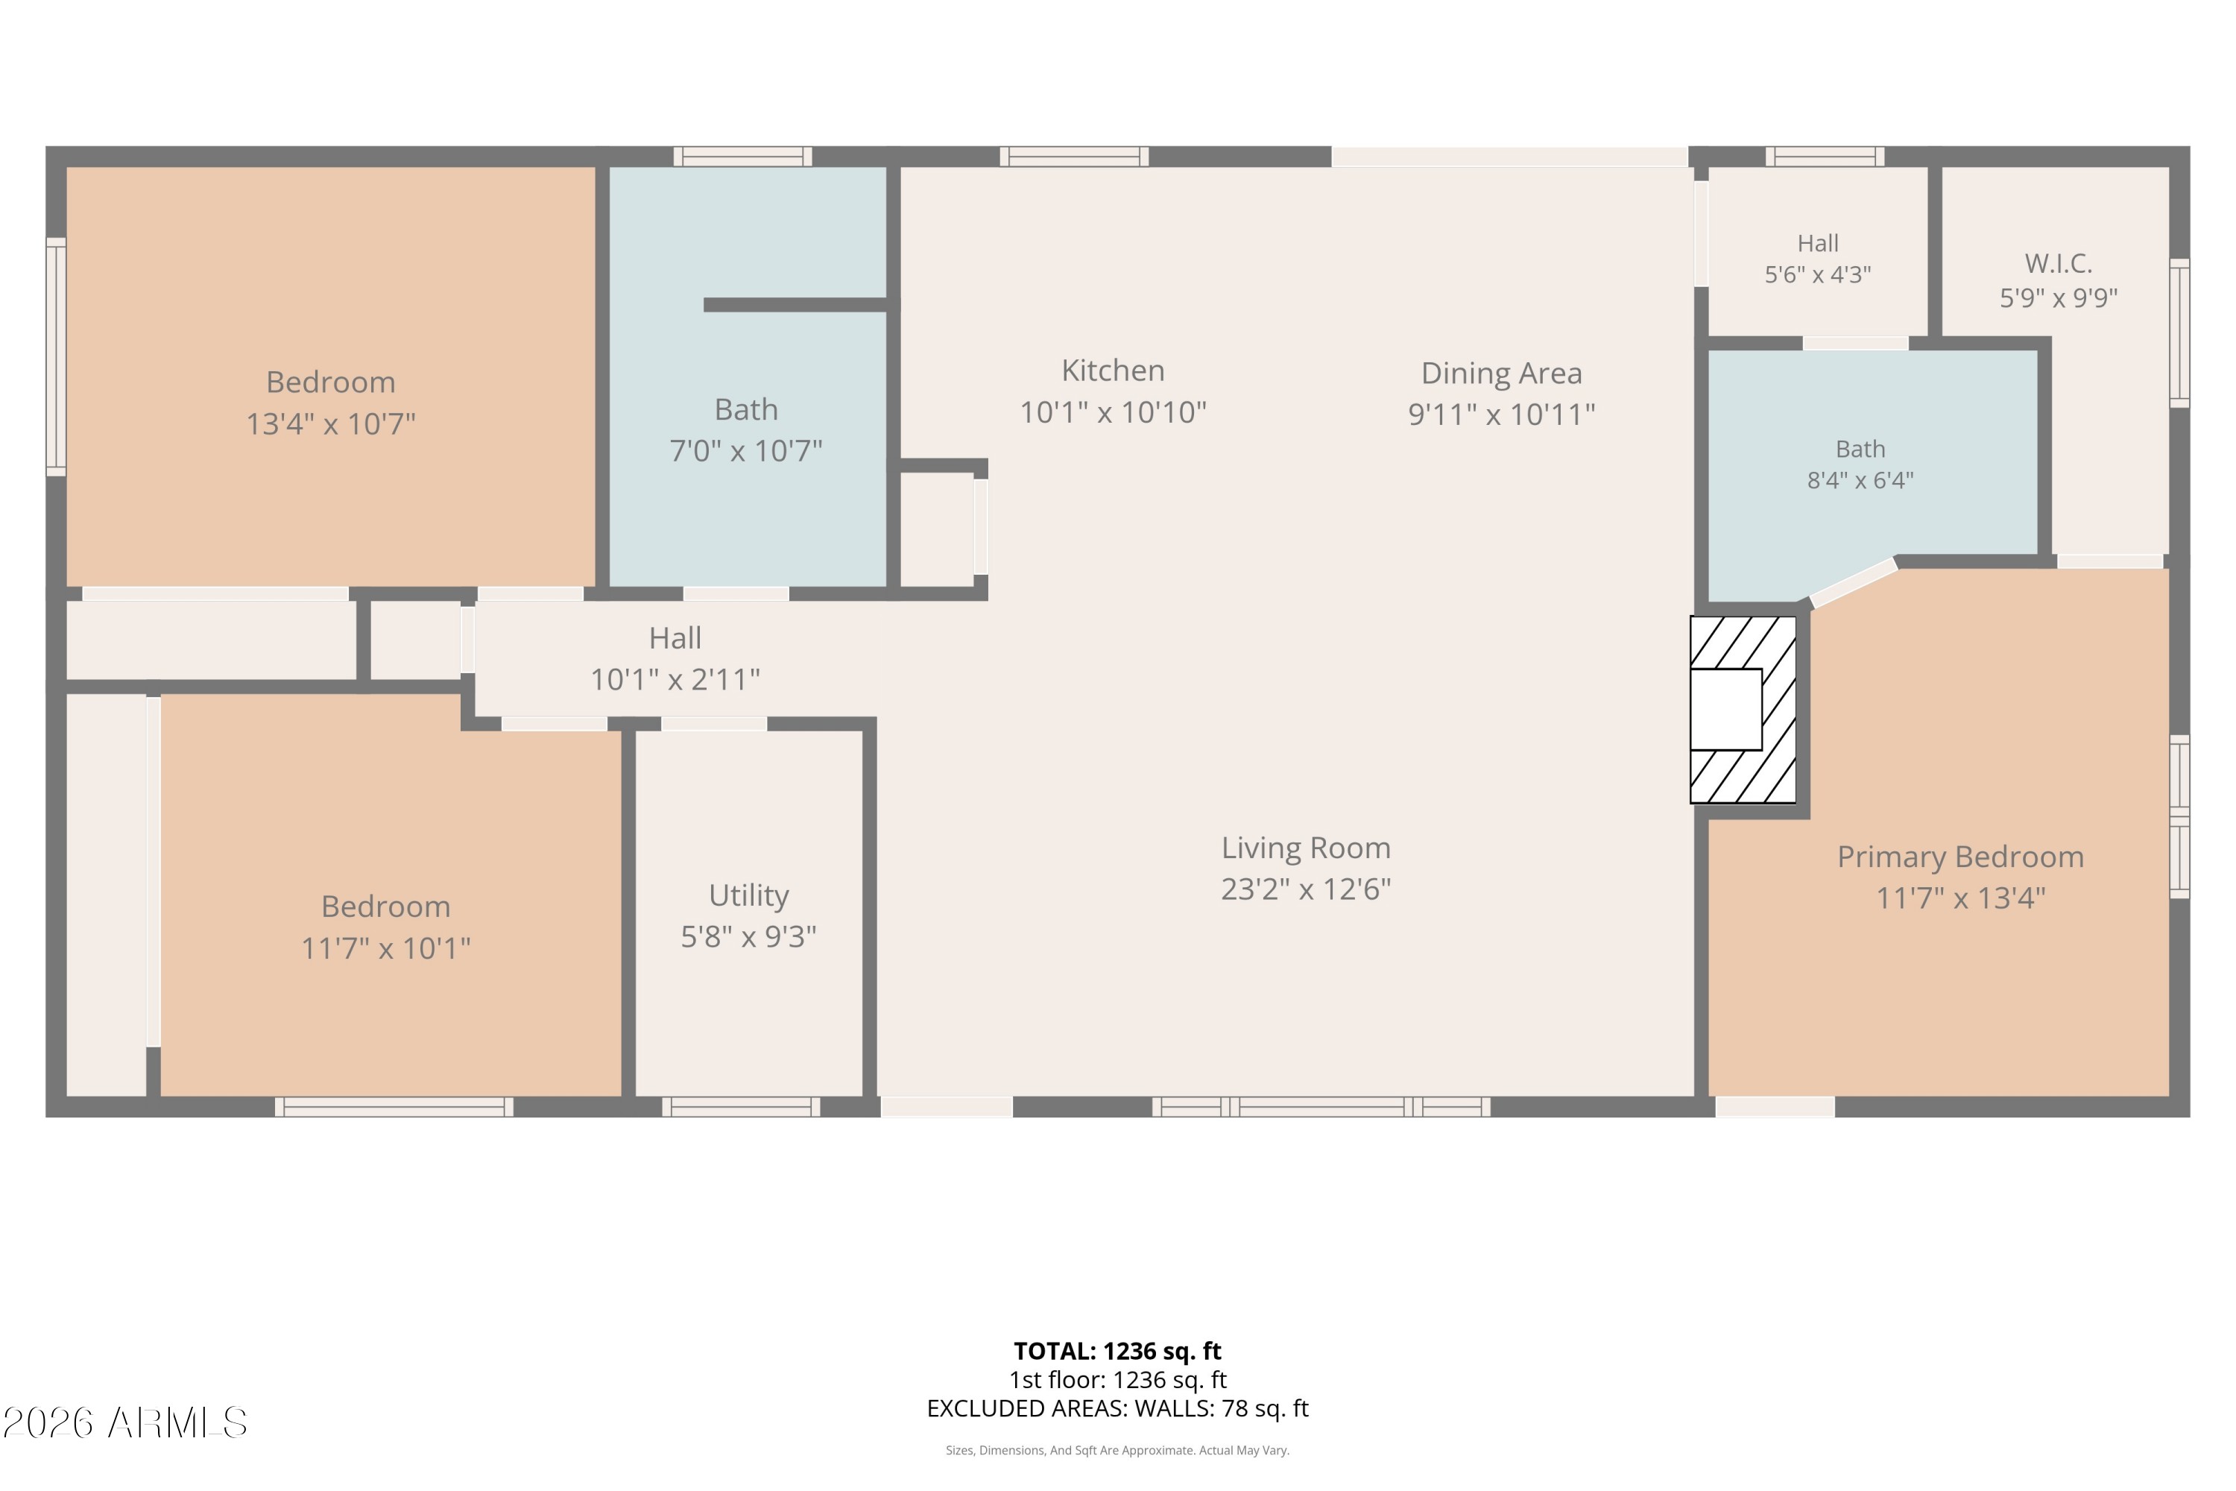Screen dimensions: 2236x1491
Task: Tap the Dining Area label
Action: (1501, 373)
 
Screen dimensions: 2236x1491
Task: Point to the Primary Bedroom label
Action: (1960, 857)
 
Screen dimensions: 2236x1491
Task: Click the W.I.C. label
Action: (2058, 262)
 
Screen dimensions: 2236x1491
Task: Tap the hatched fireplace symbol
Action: (1743, 710)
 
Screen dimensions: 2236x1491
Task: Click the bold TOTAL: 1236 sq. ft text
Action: (1117, 1351)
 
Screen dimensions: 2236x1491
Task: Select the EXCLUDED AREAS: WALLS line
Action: (1117, 1408)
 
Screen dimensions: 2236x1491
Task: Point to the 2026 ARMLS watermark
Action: (124, 1422)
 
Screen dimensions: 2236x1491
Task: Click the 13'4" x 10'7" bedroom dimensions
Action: (331, 423)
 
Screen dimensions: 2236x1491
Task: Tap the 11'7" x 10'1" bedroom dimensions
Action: (386, 948)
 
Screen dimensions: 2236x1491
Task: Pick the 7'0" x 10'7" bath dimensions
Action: (745, 451)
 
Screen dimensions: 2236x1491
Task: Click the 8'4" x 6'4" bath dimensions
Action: (1860, 480)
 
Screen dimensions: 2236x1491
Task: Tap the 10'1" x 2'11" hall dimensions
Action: (675, 680)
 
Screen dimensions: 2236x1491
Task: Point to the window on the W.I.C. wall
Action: (2179, 332)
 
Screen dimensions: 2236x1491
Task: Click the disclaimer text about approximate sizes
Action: (1117, 1450)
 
